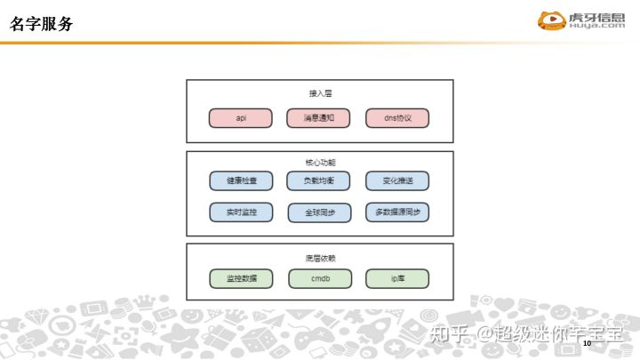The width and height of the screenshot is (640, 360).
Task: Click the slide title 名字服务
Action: tap(42, 23)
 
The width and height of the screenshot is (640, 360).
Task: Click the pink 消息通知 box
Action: tap(319, 118)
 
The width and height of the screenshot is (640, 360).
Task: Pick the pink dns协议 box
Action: tap(397, 118)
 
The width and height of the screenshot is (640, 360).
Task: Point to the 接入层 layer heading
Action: tap(319, 92)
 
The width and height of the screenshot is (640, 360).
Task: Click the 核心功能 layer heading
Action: tap(319, 163)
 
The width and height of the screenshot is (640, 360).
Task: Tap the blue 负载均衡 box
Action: tap(319, 180)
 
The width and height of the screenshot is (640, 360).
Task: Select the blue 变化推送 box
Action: tap(397, 180)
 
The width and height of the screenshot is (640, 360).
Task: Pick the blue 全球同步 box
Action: tap(319, 212)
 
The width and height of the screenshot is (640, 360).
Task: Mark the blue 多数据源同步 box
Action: tap(397, 212)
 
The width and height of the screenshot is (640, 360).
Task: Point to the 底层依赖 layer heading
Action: tap(319, 258)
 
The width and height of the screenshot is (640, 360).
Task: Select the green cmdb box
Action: tap(319, 279)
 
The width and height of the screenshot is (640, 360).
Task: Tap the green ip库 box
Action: tap(397, 279)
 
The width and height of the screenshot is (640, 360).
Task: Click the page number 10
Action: tap(587, 268)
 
